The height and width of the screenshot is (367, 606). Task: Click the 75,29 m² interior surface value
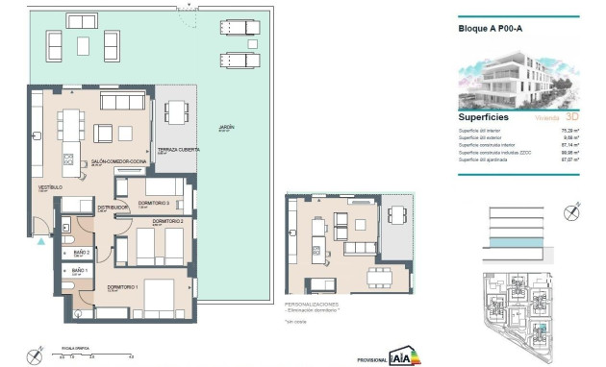[x=569, y=129]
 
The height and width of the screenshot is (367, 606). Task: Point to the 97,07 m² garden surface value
[x=569, y=161]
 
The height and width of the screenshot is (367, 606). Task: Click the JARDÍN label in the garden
[x=226, y=127]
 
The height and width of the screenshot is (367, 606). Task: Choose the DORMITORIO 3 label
[x=154, y=203]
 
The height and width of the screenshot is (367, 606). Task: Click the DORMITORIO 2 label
[x=168, y=222]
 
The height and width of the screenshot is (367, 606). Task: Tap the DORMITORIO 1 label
[x=123, y=287]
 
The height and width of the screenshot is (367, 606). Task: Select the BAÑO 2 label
[x=81, y=253]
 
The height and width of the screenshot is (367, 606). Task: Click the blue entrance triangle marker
[x=39, y=242]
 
